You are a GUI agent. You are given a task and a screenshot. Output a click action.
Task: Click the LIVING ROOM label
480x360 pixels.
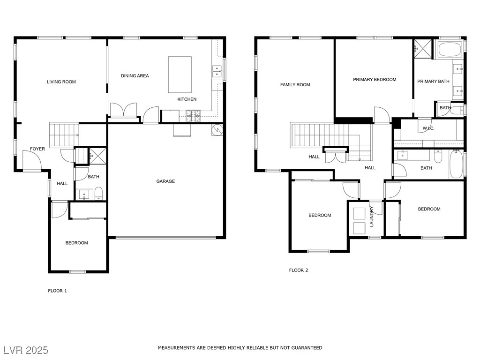(61, 82)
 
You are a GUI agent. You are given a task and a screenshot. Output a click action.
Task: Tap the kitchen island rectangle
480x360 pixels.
(180, 75)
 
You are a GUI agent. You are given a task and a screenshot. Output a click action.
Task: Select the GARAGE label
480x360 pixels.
(165, 181)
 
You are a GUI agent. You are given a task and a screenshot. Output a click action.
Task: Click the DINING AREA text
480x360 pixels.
(135, 75)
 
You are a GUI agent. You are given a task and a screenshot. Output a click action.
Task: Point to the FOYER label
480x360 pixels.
(37, 149)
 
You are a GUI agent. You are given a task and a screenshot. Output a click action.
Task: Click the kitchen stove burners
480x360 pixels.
(194, 116)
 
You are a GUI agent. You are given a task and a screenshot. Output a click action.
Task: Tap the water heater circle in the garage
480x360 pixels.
(217, 130)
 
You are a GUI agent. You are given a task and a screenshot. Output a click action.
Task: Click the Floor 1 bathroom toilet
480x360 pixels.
(98, 194)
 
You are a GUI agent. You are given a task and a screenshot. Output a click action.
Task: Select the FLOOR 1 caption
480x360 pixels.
(57, 291)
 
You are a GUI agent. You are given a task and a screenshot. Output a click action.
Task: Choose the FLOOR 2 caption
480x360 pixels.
(299, 270)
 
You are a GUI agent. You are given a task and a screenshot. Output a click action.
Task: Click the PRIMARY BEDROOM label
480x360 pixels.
(375, 80)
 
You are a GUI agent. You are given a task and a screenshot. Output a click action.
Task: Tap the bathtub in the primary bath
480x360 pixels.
(450, 50)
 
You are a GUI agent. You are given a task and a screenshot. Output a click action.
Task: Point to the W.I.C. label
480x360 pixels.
(428, 128)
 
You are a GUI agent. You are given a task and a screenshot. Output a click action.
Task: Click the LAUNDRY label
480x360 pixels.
(372, 217)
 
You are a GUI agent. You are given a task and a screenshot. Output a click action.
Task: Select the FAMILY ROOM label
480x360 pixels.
(295, 84)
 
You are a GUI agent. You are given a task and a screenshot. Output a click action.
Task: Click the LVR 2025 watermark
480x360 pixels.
(26, 350)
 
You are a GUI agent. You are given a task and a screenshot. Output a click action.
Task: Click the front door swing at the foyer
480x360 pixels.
(32, 160)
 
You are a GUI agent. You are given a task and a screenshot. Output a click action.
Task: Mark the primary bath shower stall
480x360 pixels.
(423, 48)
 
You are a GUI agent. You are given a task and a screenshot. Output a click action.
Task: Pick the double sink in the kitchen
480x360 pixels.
(217, 71)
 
